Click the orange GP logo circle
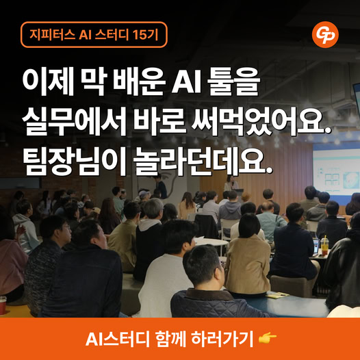pyautogui.click(x=325, y=35)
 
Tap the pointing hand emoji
pyautogui.click(x=268, y=338)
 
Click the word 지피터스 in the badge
pyautogui.click(x=52, y=35)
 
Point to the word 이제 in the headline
pyautogui.click(x=48, y=81)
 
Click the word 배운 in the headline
pyautogui.click(x=139, y=81)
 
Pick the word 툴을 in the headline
pyautogui.click(x=233, y=81)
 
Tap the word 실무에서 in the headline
pyautogui.click(x=75, y=121)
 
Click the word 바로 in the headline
pyautogui.click(x=159, y=121)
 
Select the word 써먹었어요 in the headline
pyautogui.click(x=259, y=121)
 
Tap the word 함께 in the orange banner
pyautogui.click(x=170, y=338)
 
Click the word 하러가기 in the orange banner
pyautogui.click(x=222, y=338)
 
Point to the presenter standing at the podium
pyautogui.click(x=231, y=183)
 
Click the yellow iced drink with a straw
pyautogui.click(x=324, y=246)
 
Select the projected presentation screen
pyautogui.click(x=336, y=172)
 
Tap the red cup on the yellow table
pyautogui.click(x=3, y=305)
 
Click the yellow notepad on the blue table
pyautogui.click(x=278, y=295)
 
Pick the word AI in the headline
pyautogui.click(x=186, y=81)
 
